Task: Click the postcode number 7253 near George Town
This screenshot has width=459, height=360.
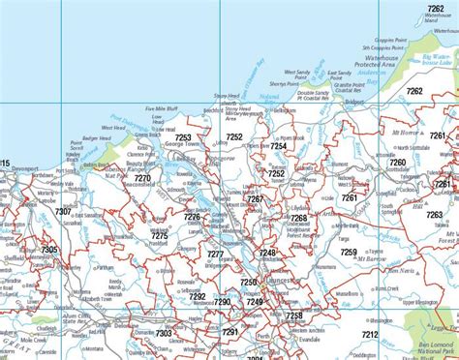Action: click(x=184, y=137)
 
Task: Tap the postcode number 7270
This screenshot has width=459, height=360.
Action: click(x=142, y=178)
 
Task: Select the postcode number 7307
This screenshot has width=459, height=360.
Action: click(x=63, y=211)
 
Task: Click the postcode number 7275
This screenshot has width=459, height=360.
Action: click(x=160, y=235)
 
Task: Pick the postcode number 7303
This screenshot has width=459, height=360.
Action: click(x=164, y=334)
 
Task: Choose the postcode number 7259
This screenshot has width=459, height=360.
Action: click(x=349, y=252)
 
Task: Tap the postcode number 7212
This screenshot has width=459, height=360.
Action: click(x=370, y=334)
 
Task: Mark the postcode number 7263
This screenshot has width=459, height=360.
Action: click(x=435, y=215)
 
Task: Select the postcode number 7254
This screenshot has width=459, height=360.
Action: click(x=278, y=120)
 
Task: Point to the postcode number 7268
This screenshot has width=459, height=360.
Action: click(x=299, y=220)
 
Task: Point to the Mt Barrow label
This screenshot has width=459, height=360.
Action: click(x=371, y=259)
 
